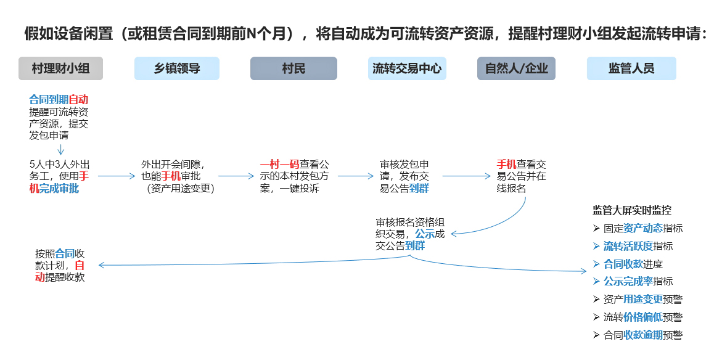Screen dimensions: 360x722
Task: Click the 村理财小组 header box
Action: [60, 68]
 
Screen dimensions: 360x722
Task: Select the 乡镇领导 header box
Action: [177, 68]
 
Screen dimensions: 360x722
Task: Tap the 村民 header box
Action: [293, 68]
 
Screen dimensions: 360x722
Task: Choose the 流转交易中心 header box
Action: [407, 68]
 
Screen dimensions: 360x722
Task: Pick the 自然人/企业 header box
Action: [516, 68]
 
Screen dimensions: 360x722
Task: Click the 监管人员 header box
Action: [631, 68]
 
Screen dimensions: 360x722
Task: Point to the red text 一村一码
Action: [280, 165]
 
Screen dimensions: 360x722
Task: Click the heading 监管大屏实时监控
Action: [632, 210]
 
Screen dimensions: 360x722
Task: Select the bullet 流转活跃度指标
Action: [638, 246]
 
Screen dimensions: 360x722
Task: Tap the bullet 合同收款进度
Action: [633, 264]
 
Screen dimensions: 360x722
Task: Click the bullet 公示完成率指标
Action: [638, 282]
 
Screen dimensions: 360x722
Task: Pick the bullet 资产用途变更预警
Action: [642, 300]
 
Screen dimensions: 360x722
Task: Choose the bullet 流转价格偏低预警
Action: [642, 317]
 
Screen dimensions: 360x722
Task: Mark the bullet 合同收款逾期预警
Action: [642, 335]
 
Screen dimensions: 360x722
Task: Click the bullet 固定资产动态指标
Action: [642, 228]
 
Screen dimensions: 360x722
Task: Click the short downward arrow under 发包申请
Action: [60, 149]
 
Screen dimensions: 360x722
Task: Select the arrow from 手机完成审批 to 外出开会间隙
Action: [116, 176]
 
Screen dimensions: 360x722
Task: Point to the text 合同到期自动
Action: [59, 99]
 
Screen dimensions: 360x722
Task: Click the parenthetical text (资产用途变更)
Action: [180, 189]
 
